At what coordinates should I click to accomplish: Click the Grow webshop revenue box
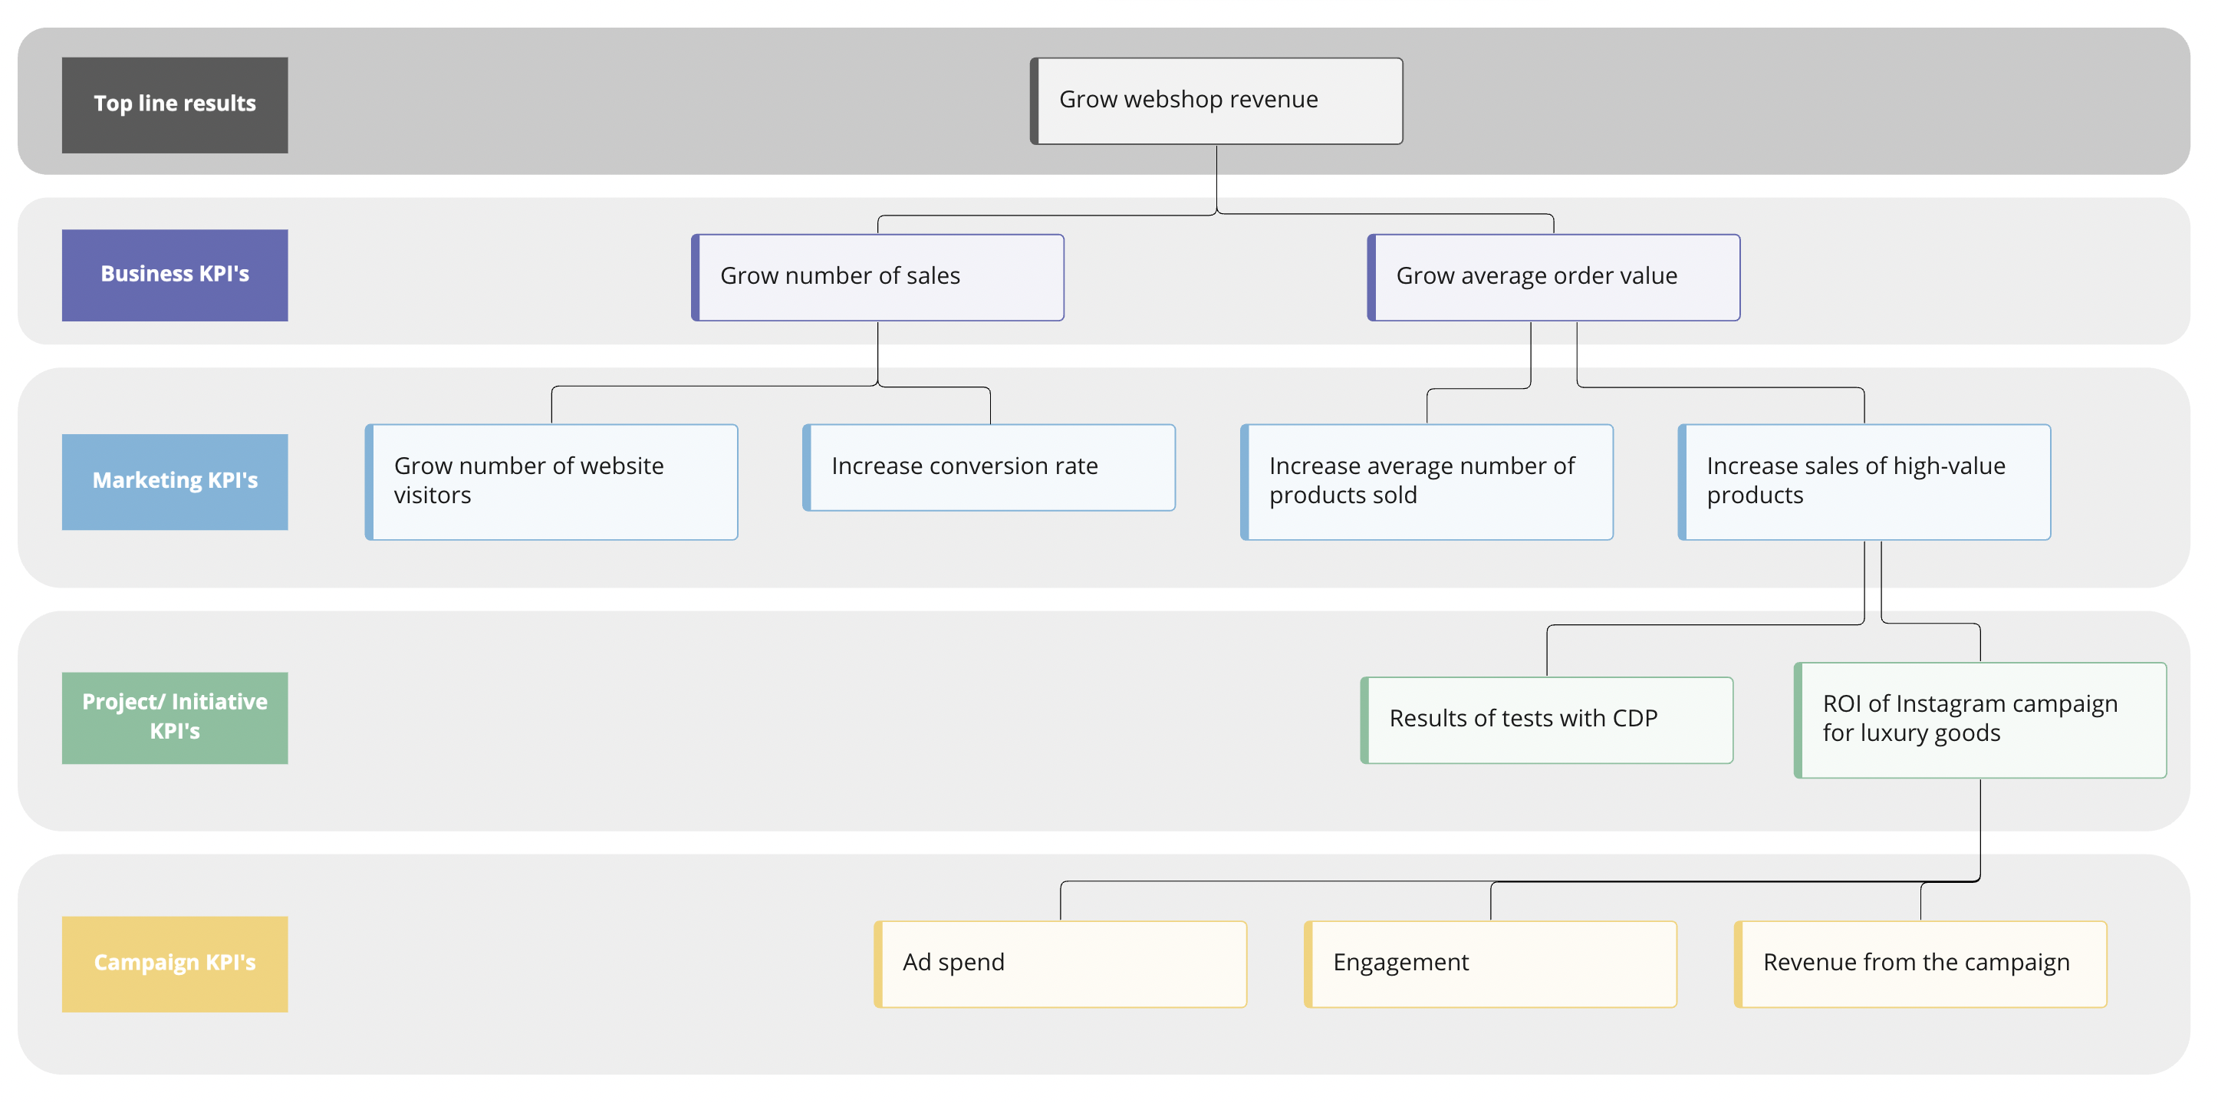1216,100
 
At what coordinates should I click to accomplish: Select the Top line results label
175,104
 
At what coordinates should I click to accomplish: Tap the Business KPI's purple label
175,275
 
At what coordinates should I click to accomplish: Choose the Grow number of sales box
877,276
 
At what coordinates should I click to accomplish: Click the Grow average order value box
1553,276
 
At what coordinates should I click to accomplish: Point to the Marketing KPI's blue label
175,482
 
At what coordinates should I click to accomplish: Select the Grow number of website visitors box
551,482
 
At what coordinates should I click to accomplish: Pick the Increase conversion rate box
989,466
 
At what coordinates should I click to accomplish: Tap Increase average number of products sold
1426,482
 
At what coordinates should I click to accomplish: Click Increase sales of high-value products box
1864,482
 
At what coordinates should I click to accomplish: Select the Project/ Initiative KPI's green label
175,717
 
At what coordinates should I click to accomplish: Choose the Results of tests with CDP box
1546,719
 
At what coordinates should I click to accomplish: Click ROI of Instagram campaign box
1980,719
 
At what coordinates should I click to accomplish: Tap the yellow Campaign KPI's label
175,963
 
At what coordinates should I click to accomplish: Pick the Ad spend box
1060,963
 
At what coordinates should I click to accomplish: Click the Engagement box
1490,963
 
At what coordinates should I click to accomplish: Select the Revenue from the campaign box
1920,963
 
